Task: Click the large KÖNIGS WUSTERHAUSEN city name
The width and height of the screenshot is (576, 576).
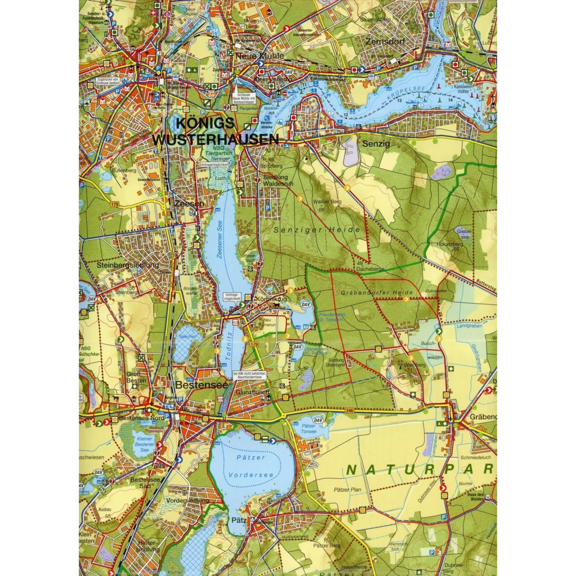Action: (215, 131)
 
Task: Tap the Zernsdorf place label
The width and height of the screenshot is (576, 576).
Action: (385, 41)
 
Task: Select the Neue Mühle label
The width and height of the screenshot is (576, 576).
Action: (260, 56)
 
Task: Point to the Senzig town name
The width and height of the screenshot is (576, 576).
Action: (376, 144)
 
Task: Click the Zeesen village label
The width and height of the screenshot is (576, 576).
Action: (189, 204)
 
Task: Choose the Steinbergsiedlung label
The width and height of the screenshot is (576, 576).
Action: (127, 265)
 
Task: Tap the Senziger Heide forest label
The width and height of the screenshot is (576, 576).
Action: (317, 230)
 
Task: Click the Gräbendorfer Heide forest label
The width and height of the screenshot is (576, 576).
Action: (377, 293)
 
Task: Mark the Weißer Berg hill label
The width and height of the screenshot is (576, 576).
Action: (327, 202)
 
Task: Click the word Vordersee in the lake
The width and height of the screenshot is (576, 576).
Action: (251, 475)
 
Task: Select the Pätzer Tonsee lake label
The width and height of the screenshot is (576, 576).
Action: (308, 429)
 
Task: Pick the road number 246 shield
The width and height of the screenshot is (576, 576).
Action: (349, 410)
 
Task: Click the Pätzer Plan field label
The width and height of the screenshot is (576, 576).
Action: (347, 490)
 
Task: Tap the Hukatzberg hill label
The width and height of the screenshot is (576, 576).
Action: (450, 244)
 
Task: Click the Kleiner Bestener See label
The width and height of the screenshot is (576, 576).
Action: (144, 444)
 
